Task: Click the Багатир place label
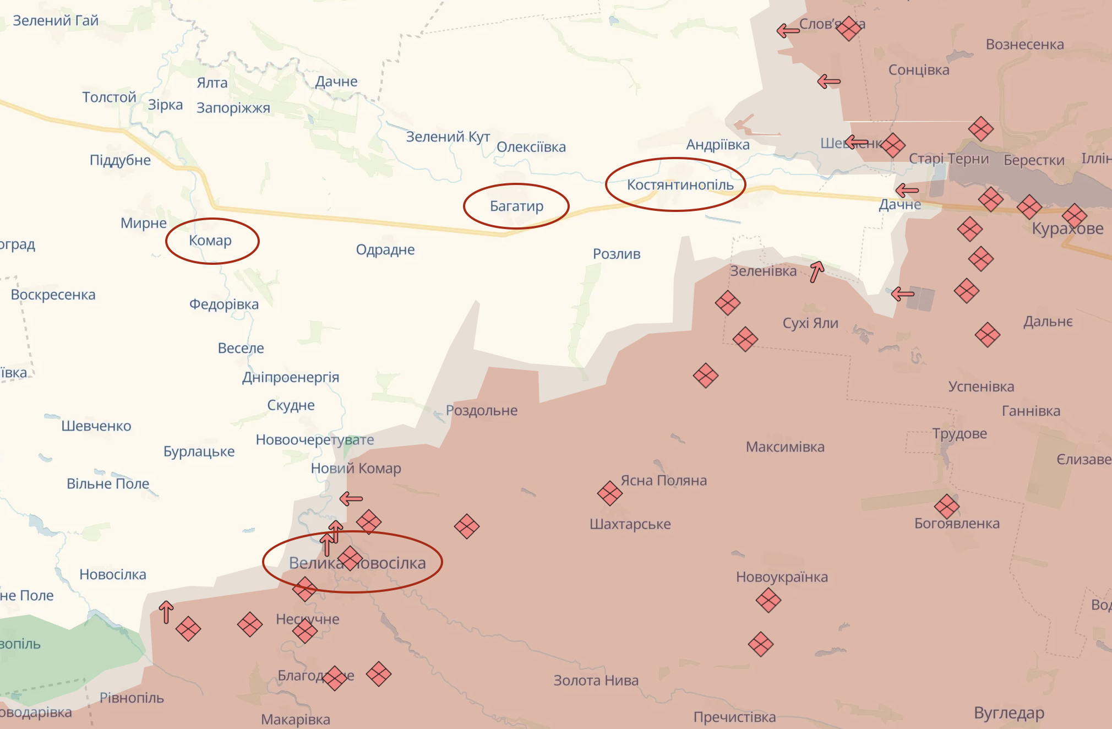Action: coord(516,206)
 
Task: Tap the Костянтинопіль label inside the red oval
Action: coord(680,185)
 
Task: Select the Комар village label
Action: coord(210,241)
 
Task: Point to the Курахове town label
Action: coord(1067,229)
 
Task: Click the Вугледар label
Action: coord(1009,713)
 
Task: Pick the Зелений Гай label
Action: coord(56,21)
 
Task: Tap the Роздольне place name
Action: coord(482,411)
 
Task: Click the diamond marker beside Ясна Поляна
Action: coord(609,493)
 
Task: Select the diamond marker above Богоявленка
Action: coord(946,507)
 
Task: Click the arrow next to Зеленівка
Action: coord(817,271)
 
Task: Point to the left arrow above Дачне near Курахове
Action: coord(907,191)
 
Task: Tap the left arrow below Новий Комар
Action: coord(351,499)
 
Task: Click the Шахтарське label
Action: coord(630,524)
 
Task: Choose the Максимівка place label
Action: coord(785,447)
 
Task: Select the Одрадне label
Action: coord(385,250)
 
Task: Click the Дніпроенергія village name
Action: coord(291,378)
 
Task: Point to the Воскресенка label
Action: coord(53,295)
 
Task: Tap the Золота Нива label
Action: coord(596,681)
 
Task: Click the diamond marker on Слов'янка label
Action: coord(849,28)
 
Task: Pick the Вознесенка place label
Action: coord(1024,45)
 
